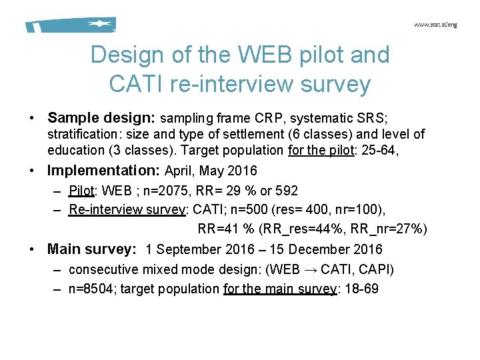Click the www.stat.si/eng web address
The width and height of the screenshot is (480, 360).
click(x=435, y=25)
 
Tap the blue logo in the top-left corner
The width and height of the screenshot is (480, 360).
click(x=71, y=25)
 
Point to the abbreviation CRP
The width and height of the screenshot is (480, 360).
click(x=269, y=119)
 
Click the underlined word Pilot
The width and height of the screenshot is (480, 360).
click(x=82, y=191)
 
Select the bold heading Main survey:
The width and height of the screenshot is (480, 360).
click(x=91, y=249)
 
